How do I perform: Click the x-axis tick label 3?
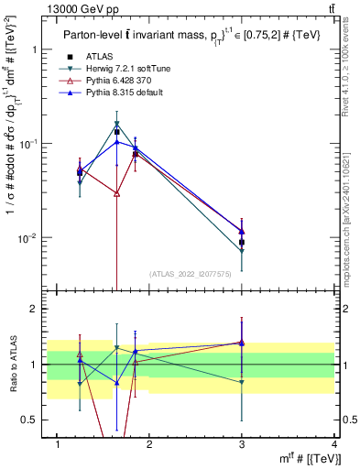[242, 444]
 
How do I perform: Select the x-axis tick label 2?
[149, 444]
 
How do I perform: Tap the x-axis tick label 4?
[333, 444]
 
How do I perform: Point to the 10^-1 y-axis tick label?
[27, 144]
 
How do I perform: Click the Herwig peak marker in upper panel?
[116, 124]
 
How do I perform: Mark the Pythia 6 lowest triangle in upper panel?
[116, 193]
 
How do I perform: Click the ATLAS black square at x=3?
[242, 243]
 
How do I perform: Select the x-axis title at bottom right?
[311, 459]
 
